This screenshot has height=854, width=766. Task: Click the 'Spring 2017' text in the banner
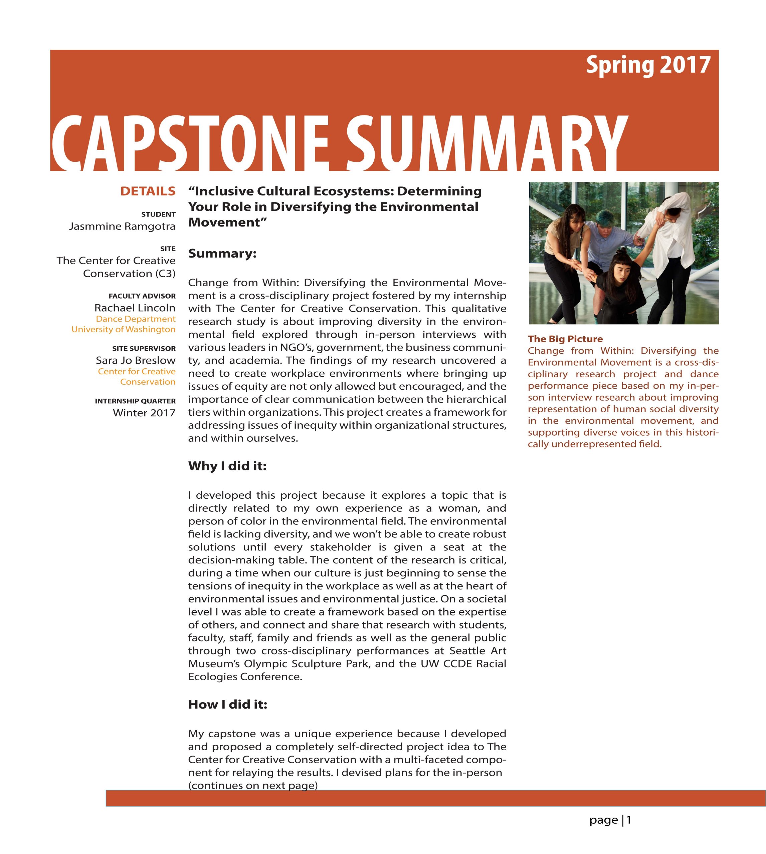tap(648, 65)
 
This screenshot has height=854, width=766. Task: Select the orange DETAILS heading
tap(148, 191)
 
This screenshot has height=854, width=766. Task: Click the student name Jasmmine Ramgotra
tap(122, 226)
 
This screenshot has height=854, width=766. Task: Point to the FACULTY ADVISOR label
tap(142, 296)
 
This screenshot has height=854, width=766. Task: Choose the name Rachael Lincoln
tap(135, 308)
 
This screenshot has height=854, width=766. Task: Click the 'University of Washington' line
tap(123, 329)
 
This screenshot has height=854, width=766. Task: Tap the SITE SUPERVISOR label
tap(144, 349)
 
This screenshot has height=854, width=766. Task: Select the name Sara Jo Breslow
tap(136, 360)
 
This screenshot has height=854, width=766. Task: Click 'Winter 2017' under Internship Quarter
tap(144, 413)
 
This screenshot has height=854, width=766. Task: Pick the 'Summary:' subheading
tap(222, 254)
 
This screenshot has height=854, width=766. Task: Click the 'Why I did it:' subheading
tap(227, 466)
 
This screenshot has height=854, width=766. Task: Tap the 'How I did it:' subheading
tap(228, 704)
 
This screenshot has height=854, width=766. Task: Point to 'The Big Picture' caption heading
tap(565, 339)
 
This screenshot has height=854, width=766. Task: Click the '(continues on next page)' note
tap(252, 786)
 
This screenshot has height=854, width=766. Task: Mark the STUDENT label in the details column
tap(158, 215)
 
